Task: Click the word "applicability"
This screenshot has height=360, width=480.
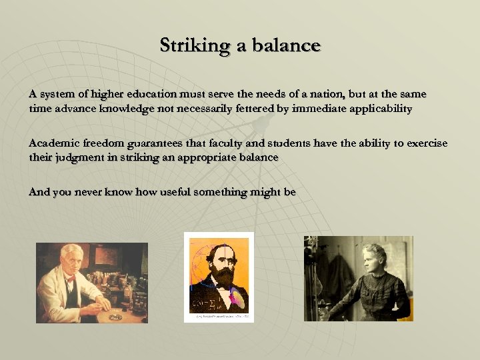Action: point(379,108)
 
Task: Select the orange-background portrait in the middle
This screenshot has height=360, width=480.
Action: point(219,273)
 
